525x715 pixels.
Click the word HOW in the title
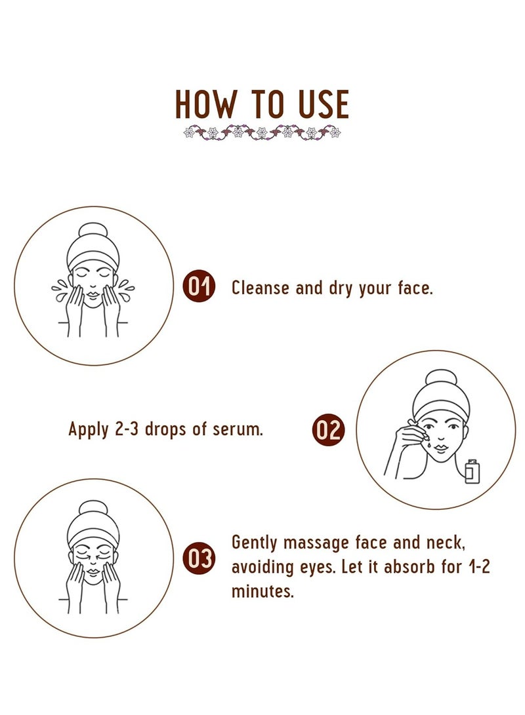[x=205, y=104]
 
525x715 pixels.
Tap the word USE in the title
[x=324, y=104]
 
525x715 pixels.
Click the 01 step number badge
[x=199, y=287]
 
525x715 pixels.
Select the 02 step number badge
[x=329, y=429]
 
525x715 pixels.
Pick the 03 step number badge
[x=199, y=558]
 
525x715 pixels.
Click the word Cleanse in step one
[x=261, y=288]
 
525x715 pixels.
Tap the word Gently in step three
[x=255, y=543]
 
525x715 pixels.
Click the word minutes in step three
[x=262, y=591]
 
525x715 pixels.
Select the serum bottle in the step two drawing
[x=472, y=471]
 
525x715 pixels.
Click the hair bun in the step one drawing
[x=93, y=230]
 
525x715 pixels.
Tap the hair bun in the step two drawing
[x=440, y=377]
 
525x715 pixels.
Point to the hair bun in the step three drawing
[x=93, y=508]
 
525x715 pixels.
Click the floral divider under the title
[x=262, y=133]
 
